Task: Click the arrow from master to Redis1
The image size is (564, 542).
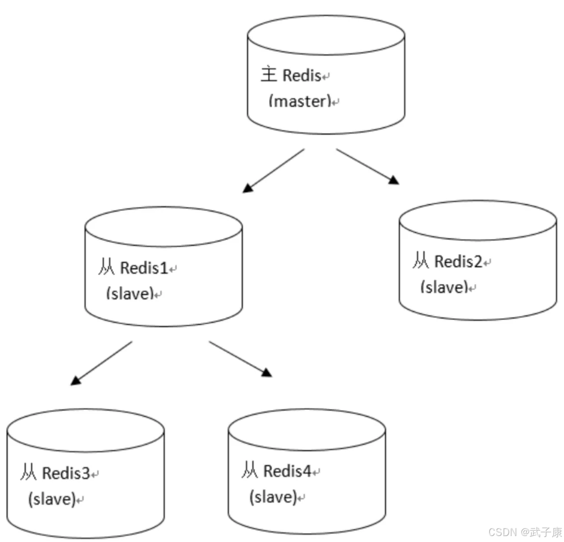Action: pos(274,171)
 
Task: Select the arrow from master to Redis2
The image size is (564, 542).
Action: pos(367,166)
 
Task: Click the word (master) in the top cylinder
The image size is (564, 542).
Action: pos(300,101)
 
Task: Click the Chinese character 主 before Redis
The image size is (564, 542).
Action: pos(269,75)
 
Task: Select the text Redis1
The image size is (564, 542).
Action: pos(144,268)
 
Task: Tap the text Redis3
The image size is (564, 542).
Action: pos(66,473)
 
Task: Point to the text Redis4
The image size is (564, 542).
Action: pos(287,471)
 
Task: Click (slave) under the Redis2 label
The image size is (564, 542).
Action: pos(444,287)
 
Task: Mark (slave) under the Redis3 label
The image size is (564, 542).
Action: pos(51,499)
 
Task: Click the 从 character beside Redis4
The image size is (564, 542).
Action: pos(250,470)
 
